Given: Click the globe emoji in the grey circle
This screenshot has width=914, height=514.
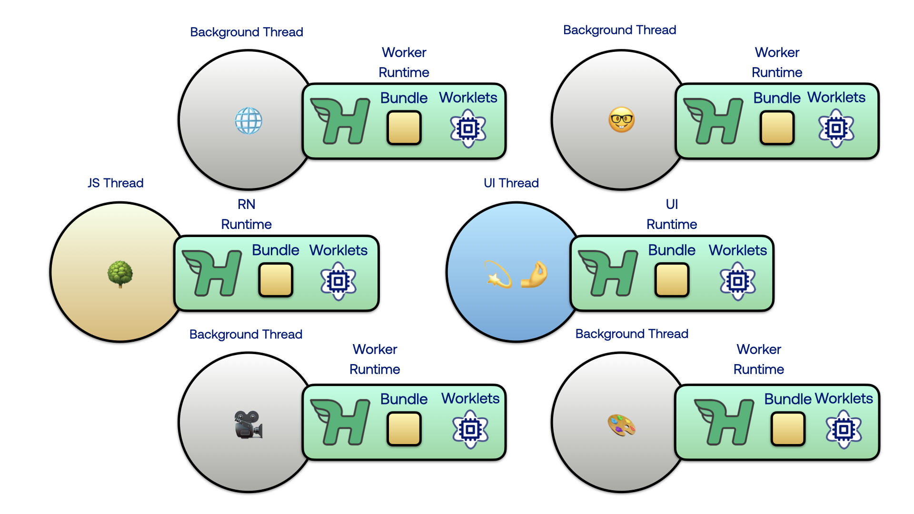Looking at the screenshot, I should tap(248, 120).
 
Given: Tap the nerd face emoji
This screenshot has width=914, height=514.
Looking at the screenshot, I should tap(621, 120).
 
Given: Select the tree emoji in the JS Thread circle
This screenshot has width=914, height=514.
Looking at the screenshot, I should tap(120, 274).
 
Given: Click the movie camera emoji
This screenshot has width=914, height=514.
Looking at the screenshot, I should tap(248, 424).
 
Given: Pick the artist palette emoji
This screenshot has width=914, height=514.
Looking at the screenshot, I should tap(621, 425).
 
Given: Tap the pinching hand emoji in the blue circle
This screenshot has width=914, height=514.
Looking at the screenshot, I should tap(534, 274).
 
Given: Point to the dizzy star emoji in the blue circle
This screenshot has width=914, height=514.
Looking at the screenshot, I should tap(497, 274).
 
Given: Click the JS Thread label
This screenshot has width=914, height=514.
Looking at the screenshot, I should tap(116, 183).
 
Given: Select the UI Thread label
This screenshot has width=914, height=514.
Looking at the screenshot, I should tap(511, 183).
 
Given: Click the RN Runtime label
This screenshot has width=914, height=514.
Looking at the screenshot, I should tap(246, 214).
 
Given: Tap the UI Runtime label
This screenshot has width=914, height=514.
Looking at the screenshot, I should tap(672, 214).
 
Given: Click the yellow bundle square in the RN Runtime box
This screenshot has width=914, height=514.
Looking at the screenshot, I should tap(276, 280).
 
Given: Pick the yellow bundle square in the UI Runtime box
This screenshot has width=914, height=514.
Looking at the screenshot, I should tap(672, 280).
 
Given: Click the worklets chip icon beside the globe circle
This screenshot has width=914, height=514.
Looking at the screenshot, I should tap(468, 128).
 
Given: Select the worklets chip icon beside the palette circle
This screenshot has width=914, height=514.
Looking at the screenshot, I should tap(844, 430).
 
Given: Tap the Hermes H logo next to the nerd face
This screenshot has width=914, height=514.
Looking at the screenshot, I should tap(713, 121).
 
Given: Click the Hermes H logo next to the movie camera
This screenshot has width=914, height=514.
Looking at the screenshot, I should tap(340, 422).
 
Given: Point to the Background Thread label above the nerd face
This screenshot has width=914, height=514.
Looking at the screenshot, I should tap(619, 30).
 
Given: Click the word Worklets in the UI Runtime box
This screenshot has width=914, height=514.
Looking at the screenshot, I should tap(737, 250).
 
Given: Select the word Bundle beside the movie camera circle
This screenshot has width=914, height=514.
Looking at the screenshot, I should tap(404, 399).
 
